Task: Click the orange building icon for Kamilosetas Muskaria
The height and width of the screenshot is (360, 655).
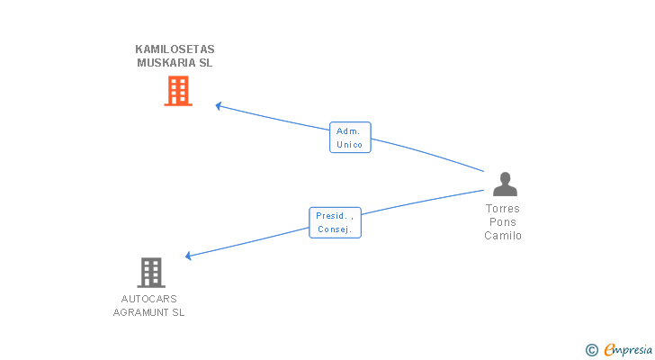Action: click(x=178, y=91)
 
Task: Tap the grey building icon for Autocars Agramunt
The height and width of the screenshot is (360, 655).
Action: click(x=151, y=272)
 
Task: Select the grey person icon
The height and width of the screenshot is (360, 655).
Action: click(x=505, y=184)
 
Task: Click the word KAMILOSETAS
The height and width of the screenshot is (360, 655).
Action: click(x=175, y=49)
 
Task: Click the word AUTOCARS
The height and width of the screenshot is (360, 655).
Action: click(x=148, y=299)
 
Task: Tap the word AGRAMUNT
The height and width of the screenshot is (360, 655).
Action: click(x=139, y=312)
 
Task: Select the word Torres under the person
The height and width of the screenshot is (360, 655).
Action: click(x=503, y=209)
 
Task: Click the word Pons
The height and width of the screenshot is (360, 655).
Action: click(x=503, y=222)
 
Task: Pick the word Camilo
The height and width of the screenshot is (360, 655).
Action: click(x=503, y=236)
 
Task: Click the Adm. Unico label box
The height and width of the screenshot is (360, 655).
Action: click(x=350, y=138)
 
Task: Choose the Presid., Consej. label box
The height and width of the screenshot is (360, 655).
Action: click(x=335, y=222)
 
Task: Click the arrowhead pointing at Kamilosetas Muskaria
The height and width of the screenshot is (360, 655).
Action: click(x=219, y=105)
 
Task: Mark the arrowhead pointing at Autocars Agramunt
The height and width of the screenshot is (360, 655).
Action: click(x=188, y=256)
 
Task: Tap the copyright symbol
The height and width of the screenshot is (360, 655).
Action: click(x=592, y=350)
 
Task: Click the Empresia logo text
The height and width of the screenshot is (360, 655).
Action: click(x=628, y=349)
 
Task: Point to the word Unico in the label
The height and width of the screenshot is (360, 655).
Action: click(x=350, y=145)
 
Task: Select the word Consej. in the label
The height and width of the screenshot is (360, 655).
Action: click(x=336, y=229)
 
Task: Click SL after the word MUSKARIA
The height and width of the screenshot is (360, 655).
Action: click(x=206, y=63)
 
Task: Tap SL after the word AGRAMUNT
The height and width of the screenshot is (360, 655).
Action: click(x=177, y=312)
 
